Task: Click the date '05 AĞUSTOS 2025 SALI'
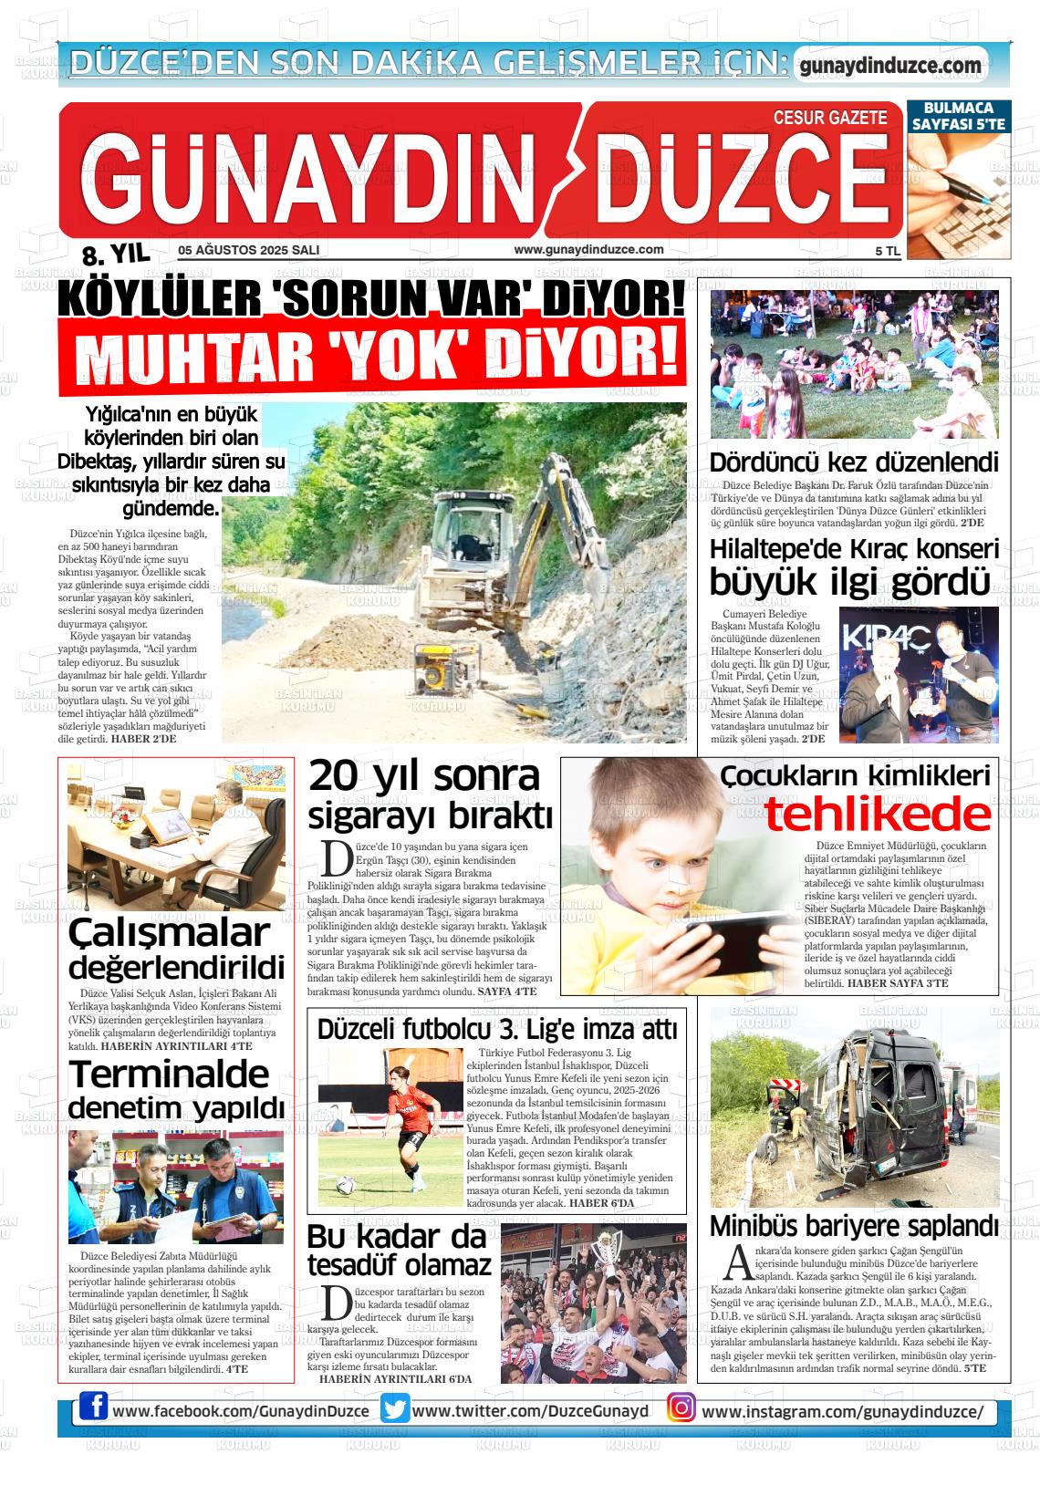(248, 250)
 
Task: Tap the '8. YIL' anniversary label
(115, 254)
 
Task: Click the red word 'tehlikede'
(877, 815)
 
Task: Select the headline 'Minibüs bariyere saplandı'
(854, 1225)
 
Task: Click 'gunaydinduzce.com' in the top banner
(889, 66)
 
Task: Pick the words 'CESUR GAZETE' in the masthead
(829, 118)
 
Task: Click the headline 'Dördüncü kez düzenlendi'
(854, 462)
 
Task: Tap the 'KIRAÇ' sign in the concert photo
(873, 636)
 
